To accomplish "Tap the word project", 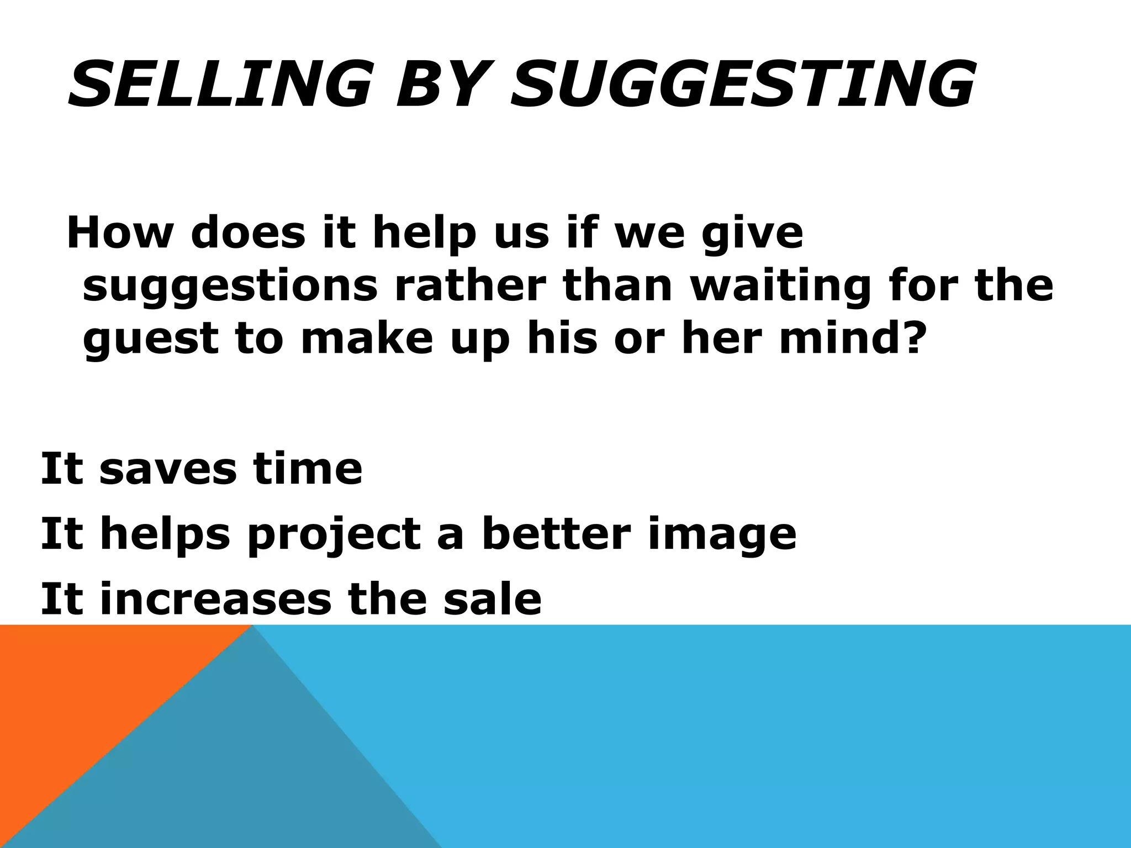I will pos(334,534).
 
